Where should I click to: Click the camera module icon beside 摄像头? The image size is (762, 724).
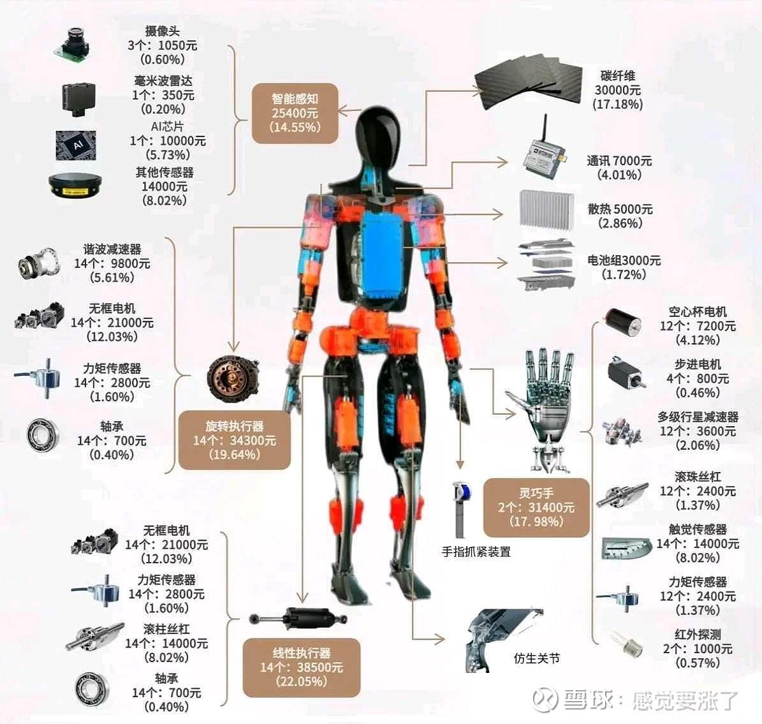click(73, 45)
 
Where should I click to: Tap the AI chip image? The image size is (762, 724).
click(76, 145)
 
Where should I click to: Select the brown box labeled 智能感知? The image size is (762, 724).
click(295, 114)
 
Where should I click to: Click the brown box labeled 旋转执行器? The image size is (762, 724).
click(234, 441)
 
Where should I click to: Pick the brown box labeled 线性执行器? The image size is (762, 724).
click(302, 668)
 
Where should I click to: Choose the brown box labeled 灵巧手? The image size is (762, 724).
click(536, 508)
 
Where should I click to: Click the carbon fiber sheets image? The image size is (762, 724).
click(528, 83)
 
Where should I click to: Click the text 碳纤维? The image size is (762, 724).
click(618, 76)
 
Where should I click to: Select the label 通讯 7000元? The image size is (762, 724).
click(619, 161)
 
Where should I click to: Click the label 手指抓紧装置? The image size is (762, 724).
click(476, 552)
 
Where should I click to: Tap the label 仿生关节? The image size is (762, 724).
click(536, 658)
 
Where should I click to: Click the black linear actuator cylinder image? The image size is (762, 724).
click(298, 619)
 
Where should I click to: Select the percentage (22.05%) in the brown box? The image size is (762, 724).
click(302, 682)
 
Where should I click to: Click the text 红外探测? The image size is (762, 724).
click(698, 635)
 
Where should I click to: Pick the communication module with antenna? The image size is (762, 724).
click(545, 151)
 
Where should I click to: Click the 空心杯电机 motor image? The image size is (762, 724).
click(622, 323)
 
